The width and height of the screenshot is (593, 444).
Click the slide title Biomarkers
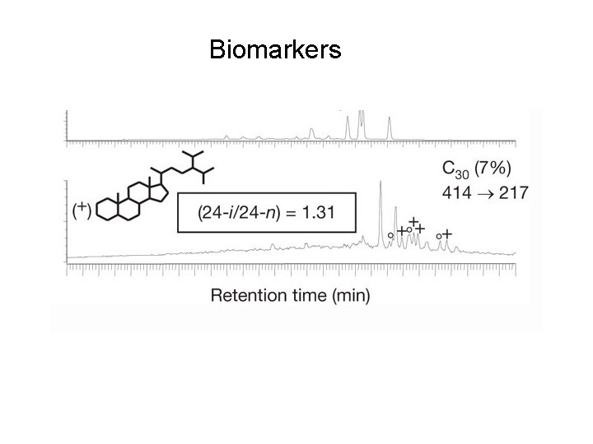(275, 49)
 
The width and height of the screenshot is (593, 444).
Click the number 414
(458, 192)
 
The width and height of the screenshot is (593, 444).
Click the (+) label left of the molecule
(82, 209)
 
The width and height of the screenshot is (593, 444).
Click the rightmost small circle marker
(438, 236)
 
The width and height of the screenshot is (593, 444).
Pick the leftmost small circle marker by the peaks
(391, 234)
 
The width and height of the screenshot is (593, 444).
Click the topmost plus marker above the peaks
(413, 220)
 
